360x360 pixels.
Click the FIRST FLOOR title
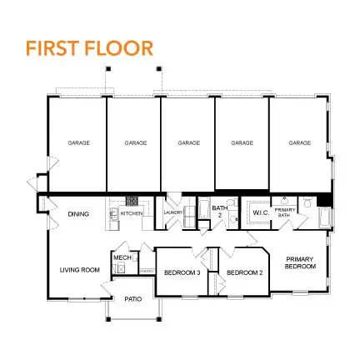tap(89, 47)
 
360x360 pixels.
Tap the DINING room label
tap(78, 214)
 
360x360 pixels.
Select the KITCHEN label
tap(132, 214)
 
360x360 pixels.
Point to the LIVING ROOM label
tap(79, 269)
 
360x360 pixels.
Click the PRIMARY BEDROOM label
tap(300, 262)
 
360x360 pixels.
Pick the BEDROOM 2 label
tap(245, 272)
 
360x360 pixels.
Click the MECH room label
tap(119, 257)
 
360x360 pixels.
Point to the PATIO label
tap(133, 298)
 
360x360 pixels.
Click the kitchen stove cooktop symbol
tap(131, 200)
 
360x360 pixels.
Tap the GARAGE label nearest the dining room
tap(78, 142)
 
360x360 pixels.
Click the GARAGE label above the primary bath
tap(299, 142)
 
